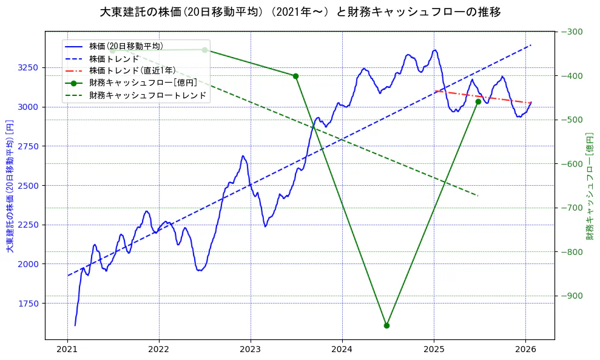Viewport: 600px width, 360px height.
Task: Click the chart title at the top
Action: click(300, 12)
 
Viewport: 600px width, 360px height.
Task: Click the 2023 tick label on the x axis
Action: click(251, 350)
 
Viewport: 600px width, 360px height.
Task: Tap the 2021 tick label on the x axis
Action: click(67, 350)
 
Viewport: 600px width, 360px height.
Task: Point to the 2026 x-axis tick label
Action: click(525, 350)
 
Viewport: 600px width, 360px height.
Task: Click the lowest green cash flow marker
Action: click(386, 325)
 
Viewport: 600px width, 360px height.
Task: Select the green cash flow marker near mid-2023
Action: click(295, 76)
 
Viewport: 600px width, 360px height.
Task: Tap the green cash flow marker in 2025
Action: click(478, 101)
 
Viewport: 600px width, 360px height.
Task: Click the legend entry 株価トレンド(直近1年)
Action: click(132, 71)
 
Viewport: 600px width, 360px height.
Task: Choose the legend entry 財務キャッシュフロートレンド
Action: click(147, 95)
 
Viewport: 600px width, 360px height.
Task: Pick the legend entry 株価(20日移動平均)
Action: click(126, 46)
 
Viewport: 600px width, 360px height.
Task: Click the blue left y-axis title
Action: click(9, 186)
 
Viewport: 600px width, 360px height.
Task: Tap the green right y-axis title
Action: click(589, 186)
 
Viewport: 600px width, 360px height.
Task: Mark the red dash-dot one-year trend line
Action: click(485, 97)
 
